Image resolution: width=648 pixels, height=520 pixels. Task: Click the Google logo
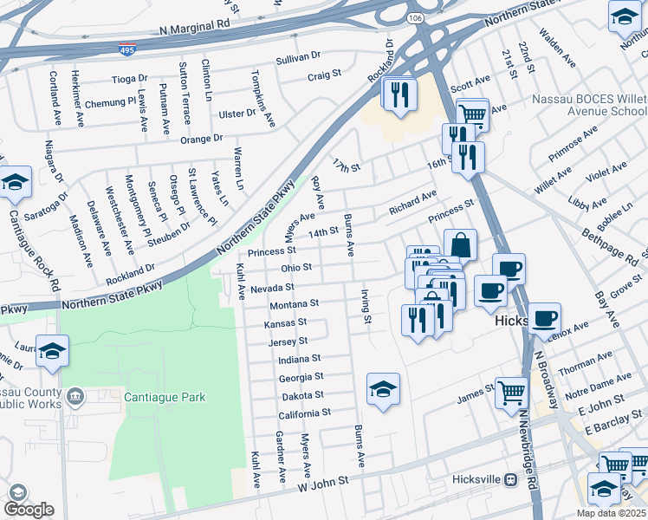29,510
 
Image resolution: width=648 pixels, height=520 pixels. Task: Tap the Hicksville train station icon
510,479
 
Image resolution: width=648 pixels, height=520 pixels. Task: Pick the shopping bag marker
460,246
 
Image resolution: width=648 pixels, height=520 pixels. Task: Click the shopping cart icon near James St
511,393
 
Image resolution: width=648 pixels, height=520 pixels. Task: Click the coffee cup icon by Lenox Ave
544,318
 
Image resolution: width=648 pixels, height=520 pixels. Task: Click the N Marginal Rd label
196,30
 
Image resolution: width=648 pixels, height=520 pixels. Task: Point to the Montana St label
295,304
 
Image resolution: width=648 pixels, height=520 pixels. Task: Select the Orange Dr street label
201,138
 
